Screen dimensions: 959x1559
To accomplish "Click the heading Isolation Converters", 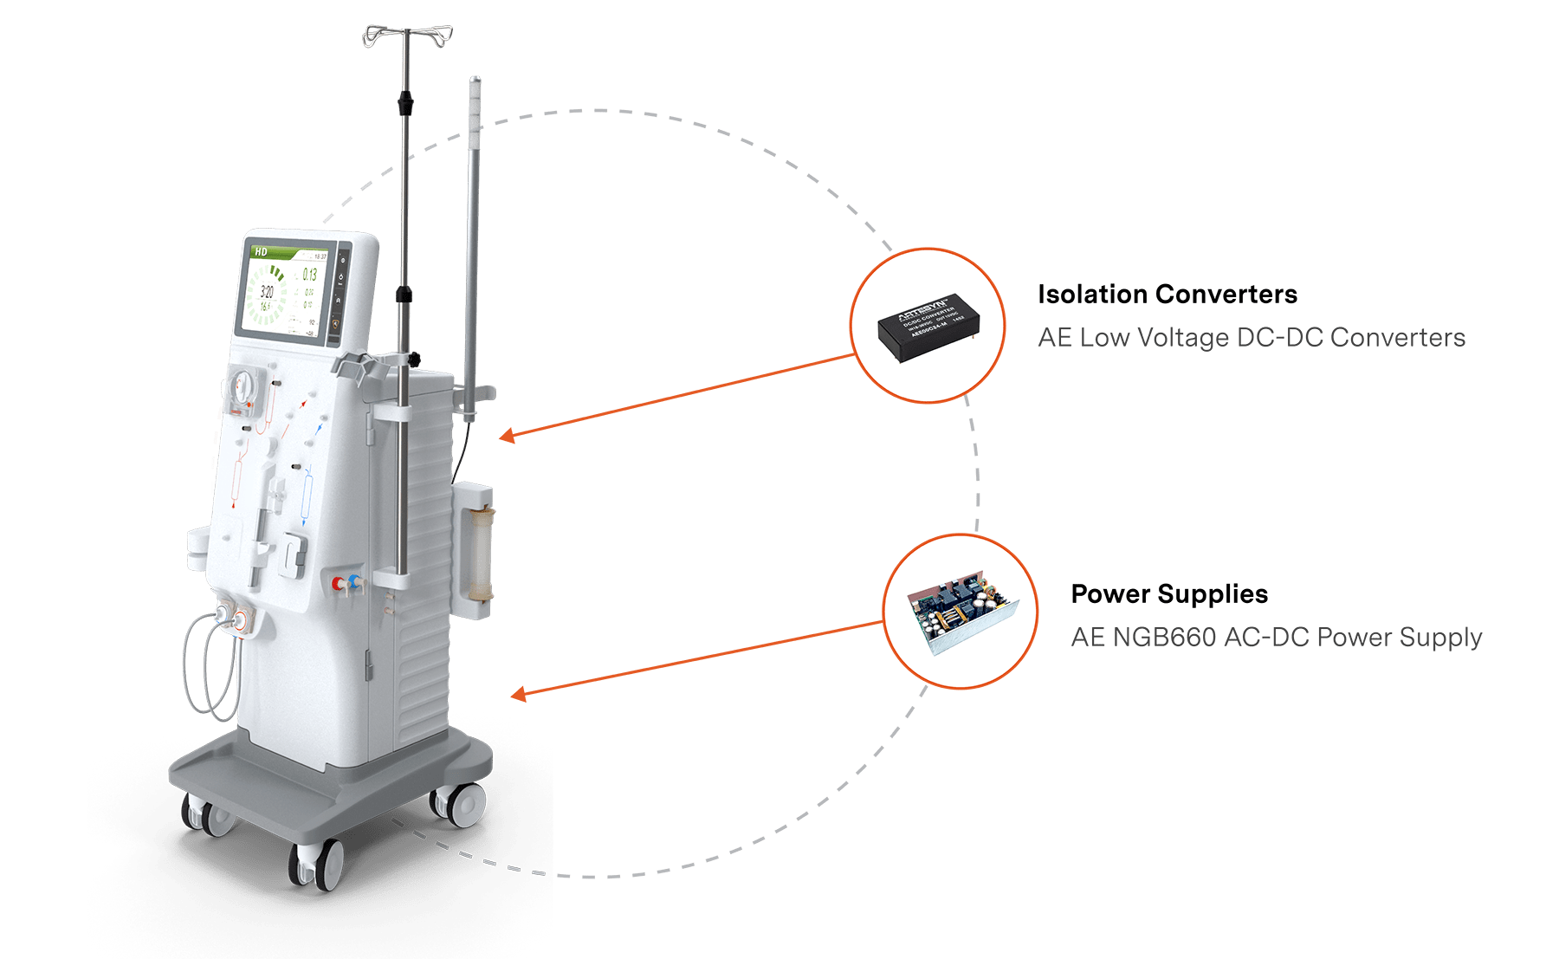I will (x=1167, y=295).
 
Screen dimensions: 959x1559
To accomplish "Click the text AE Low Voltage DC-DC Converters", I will (x=1251, y=337).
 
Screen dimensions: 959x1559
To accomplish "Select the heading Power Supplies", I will (x=1168, y=594).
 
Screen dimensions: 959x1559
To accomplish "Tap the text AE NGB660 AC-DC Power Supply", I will (x=1276, y=637).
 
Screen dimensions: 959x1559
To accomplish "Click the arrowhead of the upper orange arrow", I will (x=507, y=436).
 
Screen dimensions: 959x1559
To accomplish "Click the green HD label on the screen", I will (x=261, y=251).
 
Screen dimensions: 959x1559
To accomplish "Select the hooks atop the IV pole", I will (x=407, y=36).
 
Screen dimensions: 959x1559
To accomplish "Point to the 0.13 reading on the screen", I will (x=309, y=275).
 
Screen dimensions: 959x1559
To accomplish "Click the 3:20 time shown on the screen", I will (x=268, y=292).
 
